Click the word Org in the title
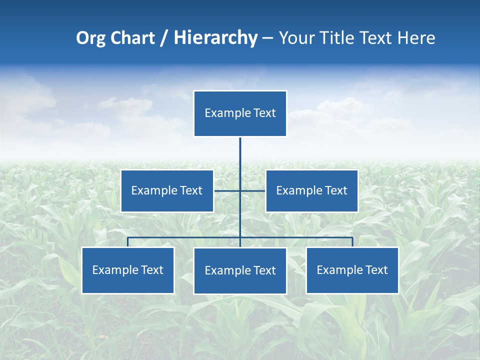tap(90, 38)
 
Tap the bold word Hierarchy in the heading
tap(215, 38)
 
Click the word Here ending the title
tap(416, 38)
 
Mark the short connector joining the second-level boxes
tap(227, 190)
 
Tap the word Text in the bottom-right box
tap(376, 270)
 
